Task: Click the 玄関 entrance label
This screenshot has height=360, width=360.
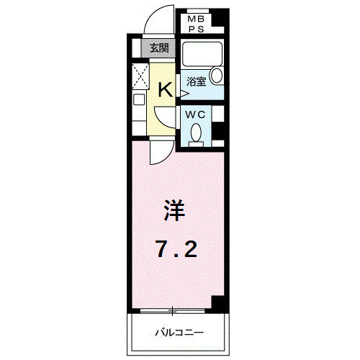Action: point(158,48)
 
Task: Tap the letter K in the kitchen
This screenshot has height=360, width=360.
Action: point(165,89)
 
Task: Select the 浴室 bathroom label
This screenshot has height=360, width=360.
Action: point(197,81)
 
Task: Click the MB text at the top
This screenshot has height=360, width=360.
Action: point(197,19)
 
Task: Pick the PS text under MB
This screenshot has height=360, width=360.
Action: point(197,29)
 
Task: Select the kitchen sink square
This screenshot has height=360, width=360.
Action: point(140,100)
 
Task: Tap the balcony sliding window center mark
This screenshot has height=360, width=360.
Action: point(173,311)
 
